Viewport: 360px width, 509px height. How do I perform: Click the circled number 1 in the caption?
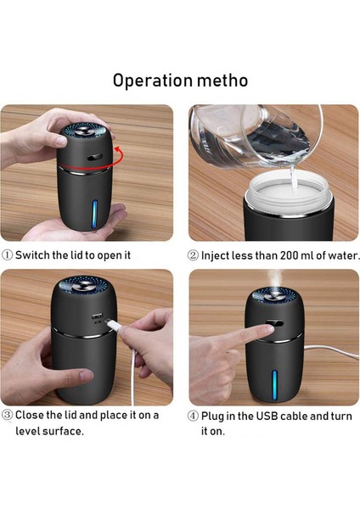coord(8,255)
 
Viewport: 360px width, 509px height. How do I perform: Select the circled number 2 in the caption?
coord(193,255)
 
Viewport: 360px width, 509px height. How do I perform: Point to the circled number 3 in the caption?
coord(8,416)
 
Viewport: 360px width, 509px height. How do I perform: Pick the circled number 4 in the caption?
coord(193,416)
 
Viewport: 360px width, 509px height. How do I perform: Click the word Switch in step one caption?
coord(33,255)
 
